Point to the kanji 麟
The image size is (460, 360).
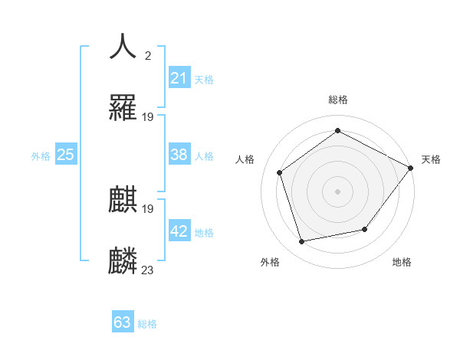point(123,260)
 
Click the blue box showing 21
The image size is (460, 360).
point(179,78)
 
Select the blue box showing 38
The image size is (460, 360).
point(179,155)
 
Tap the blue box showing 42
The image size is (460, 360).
point(179,231)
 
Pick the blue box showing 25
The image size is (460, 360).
point(65,155)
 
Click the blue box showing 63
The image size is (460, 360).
point(123,322)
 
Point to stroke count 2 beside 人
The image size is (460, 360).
point(147,56)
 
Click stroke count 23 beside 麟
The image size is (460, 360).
point(147,270)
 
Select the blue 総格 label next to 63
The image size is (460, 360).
point(147,324)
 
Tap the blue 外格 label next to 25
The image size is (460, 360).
point(41,156)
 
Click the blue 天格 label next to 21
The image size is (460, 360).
point(204,80)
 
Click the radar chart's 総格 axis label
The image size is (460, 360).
point(337,100)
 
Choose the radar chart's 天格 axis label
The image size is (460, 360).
point(431,159)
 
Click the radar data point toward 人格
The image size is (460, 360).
point(280,172)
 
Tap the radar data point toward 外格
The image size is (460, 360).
point(302,241)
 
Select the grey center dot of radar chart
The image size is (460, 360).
point(337,191)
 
